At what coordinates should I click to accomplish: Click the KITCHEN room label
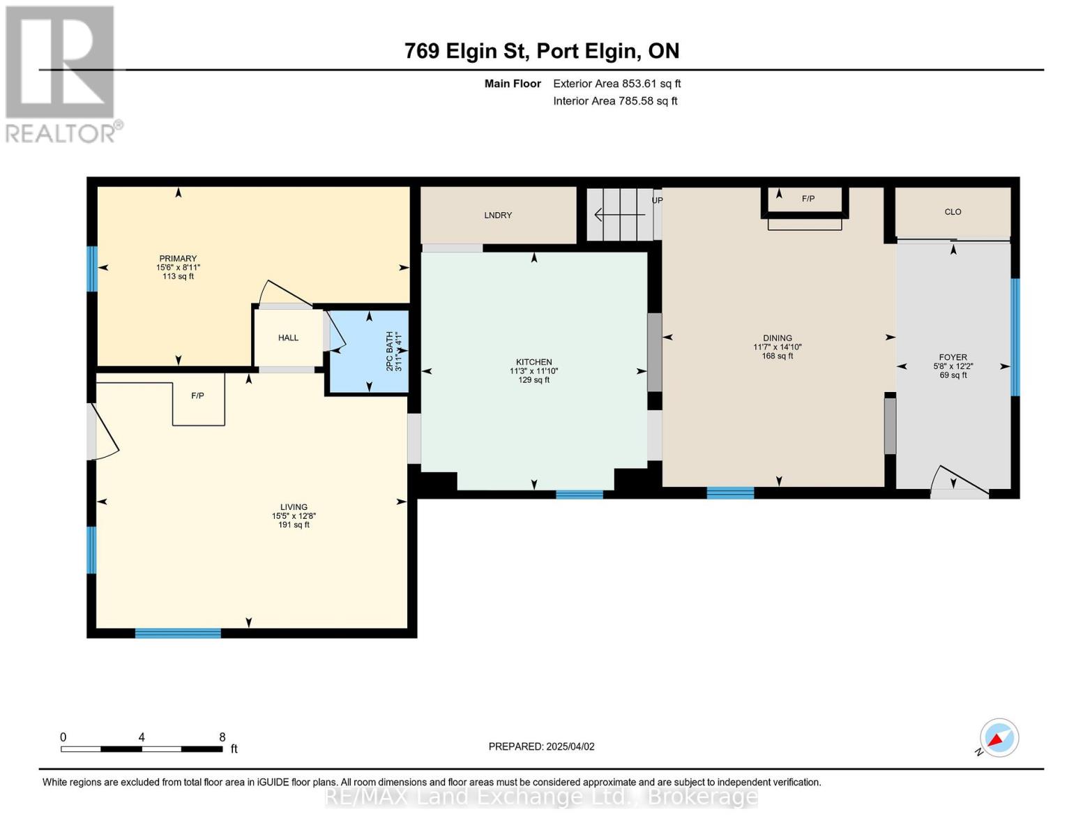pos(533,362)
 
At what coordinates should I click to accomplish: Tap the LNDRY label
pos(498,216)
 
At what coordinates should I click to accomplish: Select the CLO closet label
pos(953,212)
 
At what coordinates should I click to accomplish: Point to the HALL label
pos(288,338)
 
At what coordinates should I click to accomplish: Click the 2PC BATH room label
pos(391,352)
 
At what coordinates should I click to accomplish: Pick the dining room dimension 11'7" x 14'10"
pos(777,347)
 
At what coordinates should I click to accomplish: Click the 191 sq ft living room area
pos(294,525)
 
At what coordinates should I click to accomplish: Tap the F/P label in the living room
pos(197,395)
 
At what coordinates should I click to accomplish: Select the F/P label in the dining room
pos(808,199)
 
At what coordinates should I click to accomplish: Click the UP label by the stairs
pos(658,200)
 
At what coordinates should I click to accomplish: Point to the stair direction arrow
pos(619,215)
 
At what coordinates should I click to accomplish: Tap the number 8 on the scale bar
pos(222,737)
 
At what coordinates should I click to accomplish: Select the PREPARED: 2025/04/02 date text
pos(541,746)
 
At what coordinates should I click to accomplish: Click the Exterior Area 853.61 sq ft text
pos(616,84)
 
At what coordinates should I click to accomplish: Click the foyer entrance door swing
pos(960,481)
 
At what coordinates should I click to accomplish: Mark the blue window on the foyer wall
pos(1015,337)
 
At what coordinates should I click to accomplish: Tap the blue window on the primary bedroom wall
pos(92,269)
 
